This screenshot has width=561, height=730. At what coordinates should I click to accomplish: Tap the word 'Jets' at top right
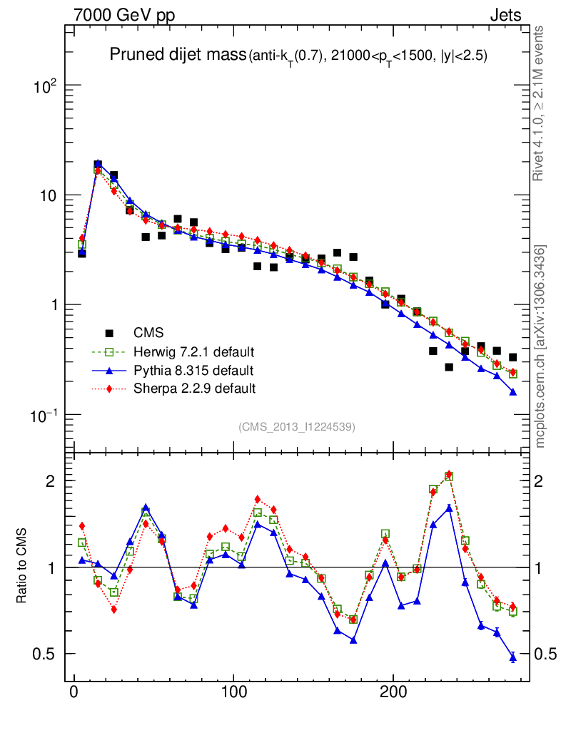505,15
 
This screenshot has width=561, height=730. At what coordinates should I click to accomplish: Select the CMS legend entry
148,332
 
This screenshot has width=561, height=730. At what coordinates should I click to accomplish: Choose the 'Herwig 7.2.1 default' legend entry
193,351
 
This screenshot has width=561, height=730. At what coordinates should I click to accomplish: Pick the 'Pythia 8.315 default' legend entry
193,370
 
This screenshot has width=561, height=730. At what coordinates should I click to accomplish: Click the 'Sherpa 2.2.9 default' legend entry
194,389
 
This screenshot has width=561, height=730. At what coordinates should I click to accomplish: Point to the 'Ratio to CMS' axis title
22,567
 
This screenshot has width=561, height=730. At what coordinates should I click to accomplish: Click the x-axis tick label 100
233,692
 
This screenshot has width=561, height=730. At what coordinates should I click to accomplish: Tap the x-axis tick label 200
393,692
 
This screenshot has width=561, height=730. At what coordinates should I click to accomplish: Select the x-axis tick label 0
74,692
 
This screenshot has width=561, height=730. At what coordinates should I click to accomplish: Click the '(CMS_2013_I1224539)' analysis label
297,426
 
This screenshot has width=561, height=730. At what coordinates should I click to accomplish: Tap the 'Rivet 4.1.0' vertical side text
540,103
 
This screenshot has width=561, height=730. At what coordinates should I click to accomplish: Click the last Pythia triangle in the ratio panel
512,657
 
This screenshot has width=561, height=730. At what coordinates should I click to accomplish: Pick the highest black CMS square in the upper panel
98,165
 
